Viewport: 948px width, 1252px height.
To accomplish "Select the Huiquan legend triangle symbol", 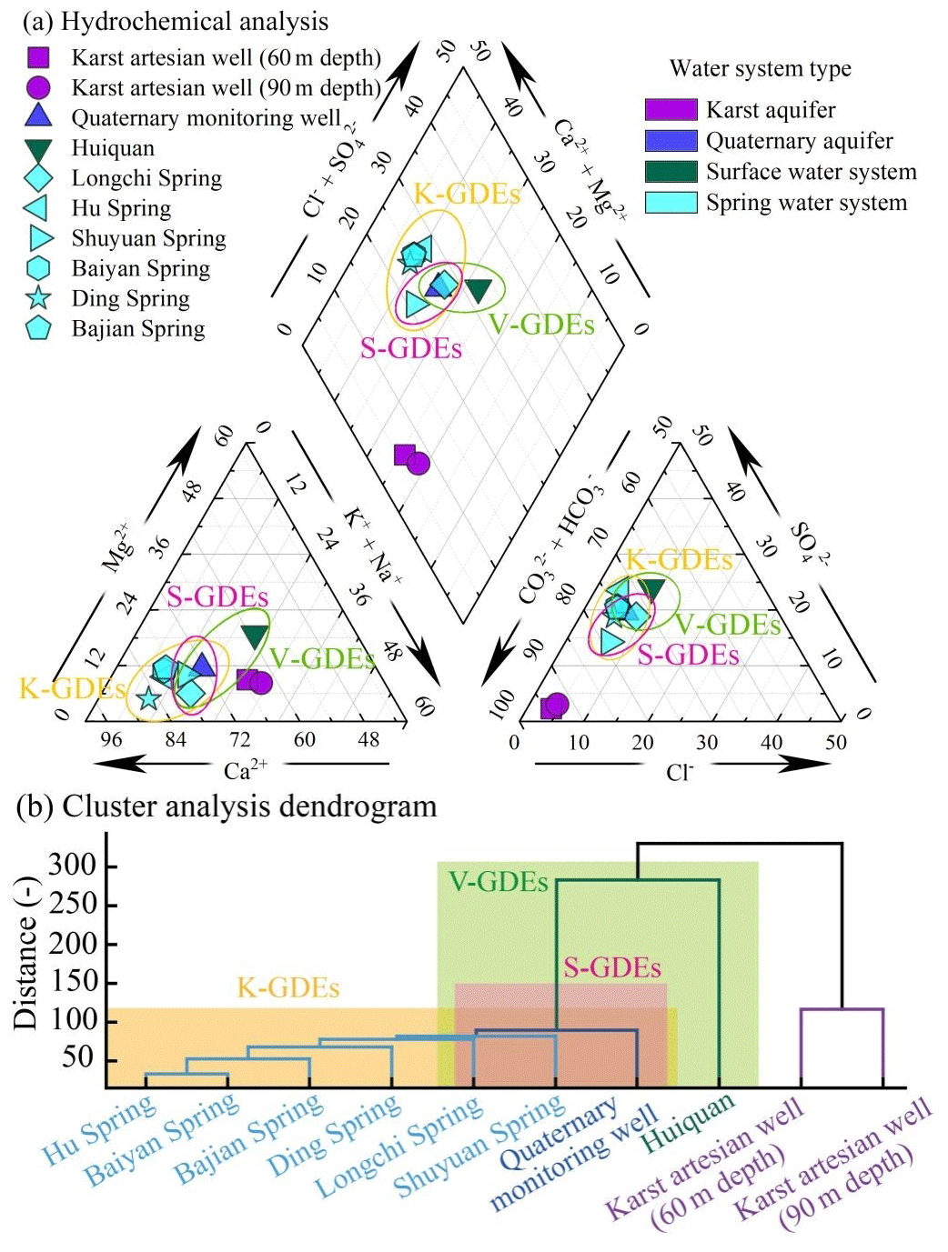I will point(38,149).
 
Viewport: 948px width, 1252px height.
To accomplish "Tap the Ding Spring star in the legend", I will point(38,298).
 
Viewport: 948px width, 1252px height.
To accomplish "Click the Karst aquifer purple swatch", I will point(671,110).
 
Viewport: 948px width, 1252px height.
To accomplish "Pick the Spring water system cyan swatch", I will point(671,202).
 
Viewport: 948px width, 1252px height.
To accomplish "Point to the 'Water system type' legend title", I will point(760,69).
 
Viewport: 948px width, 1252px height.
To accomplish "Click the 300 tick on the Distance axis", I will point(72,866).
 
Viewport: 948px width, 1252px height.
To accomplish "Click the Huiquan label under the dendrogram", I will point(688,1122).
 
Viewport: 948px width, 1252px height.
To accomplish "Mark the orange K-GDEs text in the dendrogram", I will point(287,988).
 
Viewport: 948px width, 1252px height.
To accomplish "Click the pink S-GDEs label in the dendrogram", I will point(611,968).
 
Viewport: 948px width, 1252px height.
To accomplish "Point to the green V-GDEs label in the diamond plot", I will point(541,326).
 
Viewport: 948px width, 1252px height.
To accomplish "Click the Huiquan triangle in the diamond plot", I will point(478,290).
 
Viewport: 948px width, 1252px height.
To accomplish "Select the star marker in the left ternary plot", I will point(148,698).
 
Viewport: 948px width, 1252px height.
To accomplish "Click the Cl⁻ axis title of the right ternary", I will point(679,773).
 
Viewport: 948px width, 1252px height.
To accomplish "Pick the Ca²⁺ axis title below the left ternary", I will point(245,771).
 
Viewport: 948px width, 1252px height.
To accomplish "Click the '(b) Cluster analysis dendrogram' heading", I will point(227,806).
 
